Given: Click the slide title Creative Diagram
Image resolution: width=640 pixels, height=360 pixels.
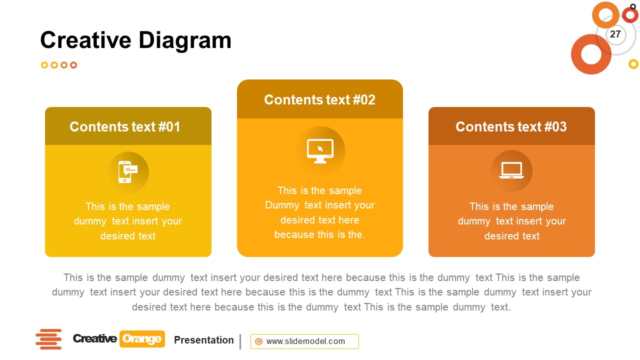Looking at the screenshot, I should click(135, 40).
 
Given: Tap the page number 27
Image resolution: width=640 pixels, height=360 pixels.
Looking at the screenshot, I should click(615, 34).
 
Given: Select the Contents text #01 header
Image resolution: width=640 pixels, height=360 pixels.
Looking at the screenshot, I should click(125, 126).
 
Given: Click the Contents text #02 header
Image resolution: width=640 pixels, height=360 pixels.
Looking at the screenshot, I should click(319, 99).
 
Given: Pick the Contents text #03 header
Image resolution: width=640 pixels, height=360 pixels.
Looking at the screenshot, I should click(511, 126).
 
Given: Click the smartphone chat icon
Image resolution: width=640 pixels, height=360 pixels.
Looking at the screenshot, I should click(127, 172).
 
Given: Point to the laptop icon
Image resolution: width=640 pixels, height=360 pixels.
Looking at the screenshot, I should click(511, 171).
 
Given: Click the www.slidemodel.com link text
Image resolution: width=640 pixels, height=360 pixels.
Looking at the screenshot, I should click(305, 341).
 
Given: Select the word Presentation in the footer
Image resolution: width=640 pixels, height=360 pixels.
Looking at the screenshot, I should click(203, 340).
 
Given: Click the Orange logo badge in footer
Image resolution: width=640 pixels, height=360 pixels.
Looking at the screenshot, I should click(142, 339).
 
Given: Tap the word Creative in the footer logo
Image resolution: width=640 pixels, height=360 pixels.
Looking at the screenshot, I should click(94, 339).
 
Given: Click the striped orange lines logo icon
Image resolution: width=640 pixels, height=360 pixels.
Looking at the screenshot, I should click(48, 339).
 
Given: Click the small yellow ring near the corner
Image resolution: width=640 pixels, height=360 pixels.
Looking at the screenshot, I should click(633, 64).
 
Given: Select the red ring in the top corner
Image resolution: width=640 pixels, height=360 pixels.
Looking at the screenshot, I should click(630, 14).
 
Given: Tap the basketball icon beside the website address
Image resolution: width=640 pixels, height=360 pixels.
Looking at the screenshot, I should click(259, 341).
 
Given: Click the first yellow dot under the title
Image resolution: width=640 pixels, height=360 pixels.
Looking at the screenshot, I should click(44, 65).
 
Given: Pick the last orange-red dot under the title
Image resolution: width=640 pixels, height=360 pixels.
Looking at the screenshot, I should click(73, 65).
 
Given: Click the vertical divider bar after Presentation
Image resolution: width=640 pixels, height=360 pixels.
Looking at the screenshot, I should click(240, 341).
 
